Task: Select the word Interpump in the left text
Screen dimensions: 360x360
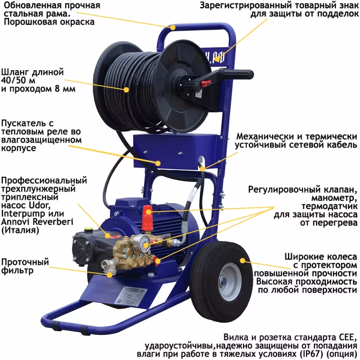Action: point(20,214)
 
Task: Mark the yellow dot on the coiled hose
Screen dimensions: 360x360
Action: point(126,89)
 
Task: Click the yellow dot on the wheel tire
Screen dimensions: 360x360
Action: point(244,260)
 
